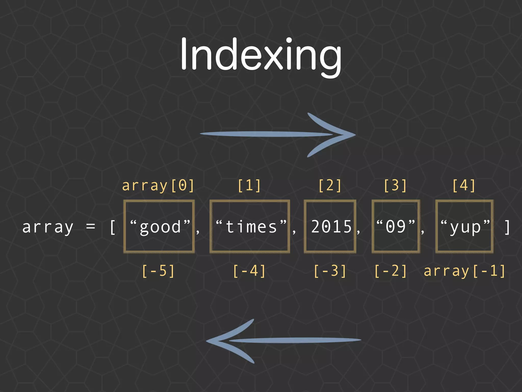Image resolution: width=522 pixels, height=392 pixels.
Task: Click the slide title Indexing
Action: coord(261,55)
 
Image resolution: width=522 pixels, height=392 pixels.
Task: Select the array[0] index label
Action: coord(158,186)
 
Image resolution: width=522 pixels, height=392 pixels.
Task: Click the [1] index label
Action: coord(249,186)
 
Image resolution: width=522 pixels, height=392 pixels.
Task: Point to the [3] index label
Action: coord(395,186)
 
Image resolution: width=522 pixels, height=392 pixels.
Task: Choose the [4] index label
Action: coord(464,186)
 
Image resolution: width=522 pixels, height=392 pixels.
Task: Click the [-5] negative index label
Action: coord(158,271)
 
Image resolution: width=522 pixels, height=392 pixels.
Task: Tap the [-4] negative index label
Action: coord(249,271)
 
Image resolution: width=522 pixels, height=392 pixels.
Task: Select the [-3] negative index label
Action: coord(330,271)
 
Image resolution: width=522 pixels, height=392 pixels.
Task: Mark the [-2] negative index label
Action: coord(390,271)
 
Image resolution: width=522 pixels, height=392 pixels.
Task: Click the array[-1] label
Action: coord(464,271)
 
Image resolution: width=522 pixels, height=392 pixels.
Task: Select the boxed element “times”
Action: coord(250,227)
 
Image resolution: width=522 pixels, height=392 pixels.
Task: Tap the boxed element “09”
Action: coord(396,227)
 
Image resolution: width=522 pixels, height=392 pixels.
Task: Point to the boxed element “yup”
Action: coord(465,227)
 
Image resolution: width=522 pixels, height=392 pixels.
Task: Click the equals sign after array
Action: coord(91,227)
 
